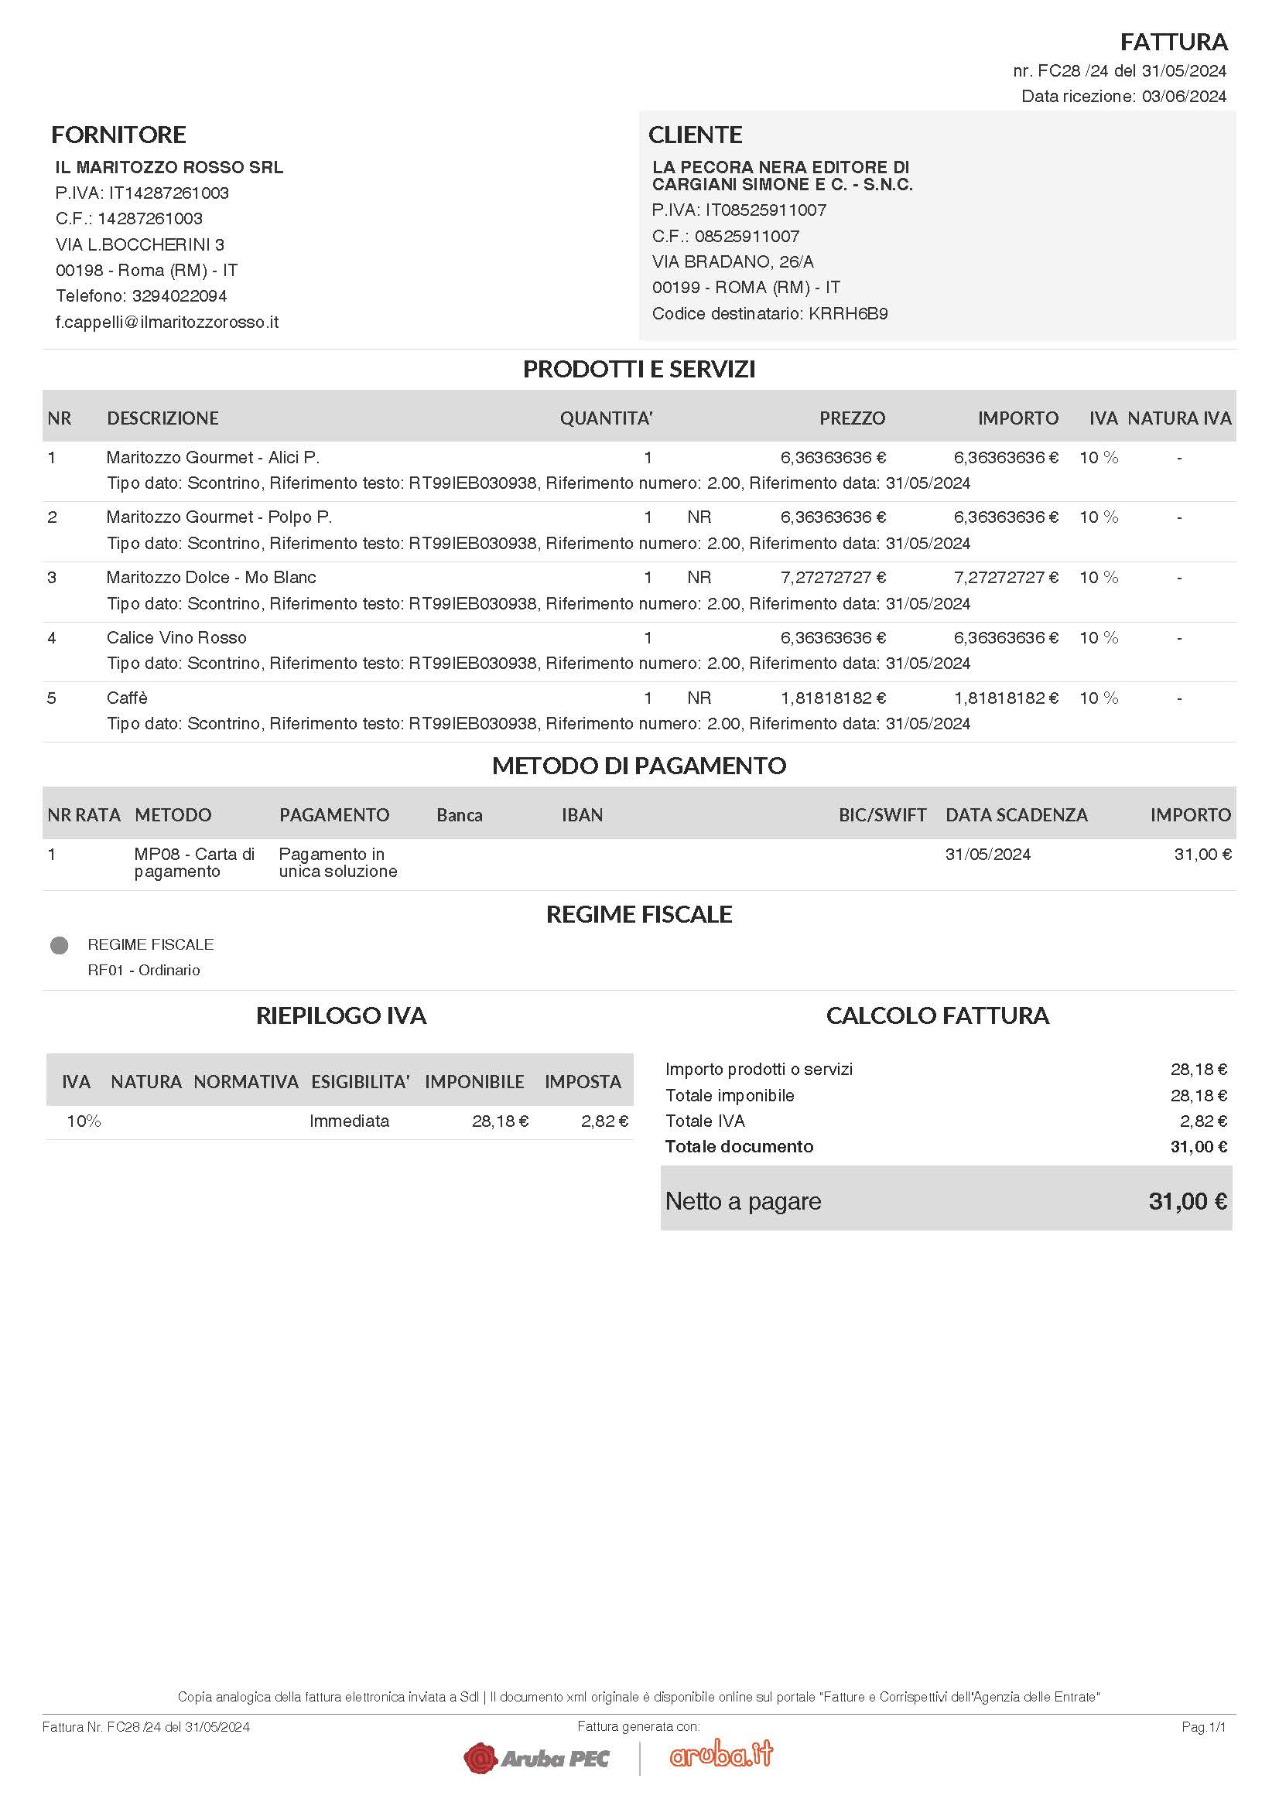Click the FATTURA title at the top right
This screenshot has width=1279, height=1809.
click(x=1174, y=42)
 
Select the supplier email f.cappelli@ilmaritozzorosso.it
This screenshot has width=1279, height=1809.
click(x=167, y=323)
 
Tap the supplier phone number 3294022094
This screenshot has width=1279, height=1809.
click(x=180, y=296)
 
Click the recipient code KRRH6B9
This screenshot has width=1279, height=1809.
click(x=848, y=313)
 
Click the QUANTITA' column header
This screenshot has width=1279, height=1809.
click(x=606, y=418)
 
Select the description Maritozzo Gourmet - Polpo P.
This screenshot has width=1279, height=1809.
click(x=219, y=517)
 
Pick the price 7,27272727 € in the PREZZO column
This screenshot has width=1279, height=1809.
click(x=833, y=578)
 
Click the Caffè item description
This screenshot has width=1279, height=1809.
click(x=127, y=698)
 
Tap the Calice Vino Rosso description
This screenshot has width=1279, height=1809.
click(x=176, y=638)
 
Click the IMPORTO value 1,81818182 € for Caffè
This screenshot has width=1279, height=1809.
click(x=1006, y=698)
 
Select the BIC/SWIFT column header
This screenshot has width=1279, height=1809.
click(x=882, y=815)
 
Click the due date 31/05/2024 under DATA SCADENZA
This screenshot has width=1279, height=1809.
click(x=987, y=855)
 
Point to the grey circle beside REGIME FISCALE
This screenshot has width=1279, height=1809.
click(x=59, y=945)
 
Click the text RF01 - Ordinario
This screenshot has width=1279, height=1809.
click(x=143, y=971)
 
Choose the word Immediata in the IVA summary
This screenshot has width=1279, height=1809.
click(x=349, y=1121)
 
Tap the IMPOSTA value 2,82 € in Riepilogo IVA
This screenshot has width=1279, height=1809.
click(x=604, y=1121)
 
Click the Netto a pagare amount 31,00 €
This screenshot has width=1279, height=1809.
click(x=1187, y=1202)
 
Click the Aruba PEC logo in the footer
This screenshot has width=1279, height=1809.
click(x=538, y=1758)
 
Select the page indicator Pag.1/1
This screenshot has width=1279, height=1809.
click(x=1203, y=1727)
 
